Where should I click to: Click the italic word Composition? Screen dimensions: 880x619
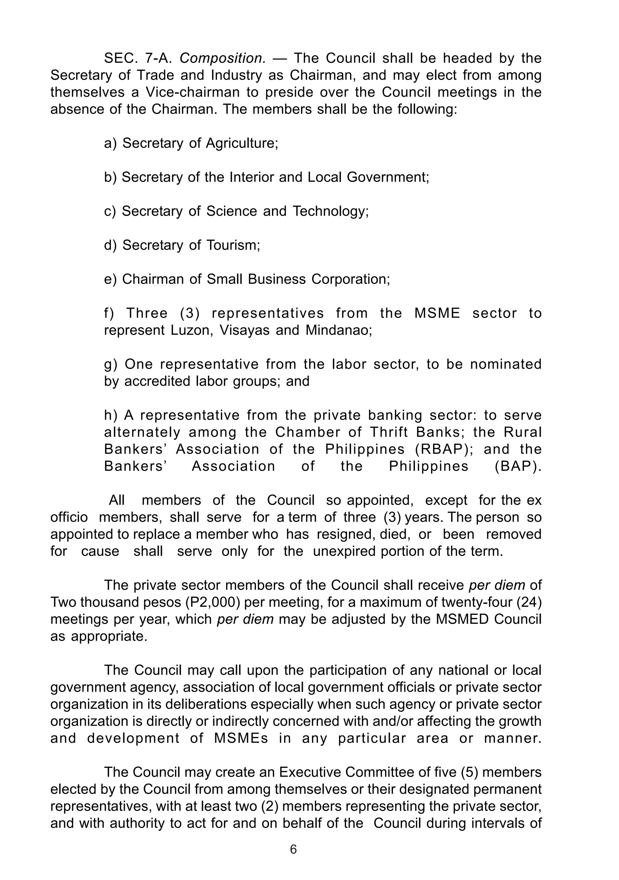click(x=222, y=59)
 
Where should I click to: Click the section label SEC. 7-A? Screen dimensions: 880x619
click(x=140, y=59)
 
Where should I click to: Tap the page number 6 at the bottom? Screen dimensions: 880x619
click(x=293, y=849)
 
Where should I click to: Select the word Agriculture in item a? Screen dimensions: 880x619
click(x=242, y=143)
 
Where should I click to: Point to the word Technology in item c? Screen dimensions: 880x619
click(x=330, y=211)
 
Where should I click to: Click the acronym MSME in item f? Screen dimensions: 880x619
click(x=437, y=313)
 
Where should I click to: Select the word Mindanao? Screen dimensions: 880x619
click(x=339, y=330)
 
